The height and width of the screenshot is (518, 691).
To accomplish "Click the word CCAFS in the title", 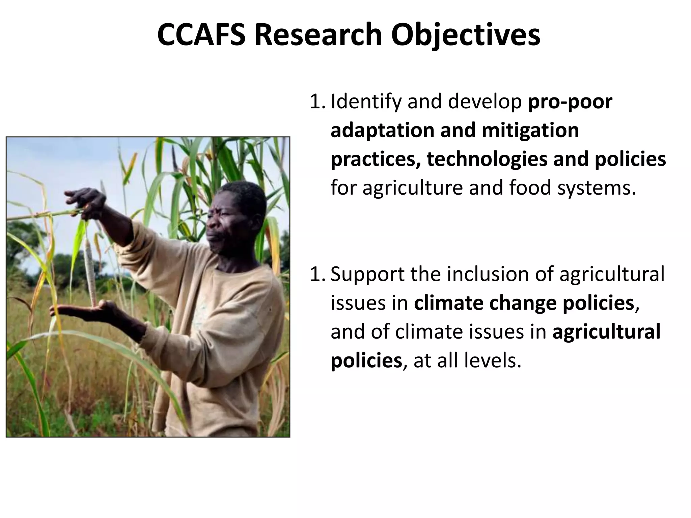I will [201, 35].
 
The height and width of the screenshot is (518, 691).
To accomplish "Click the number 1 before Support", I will [315, 274].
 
